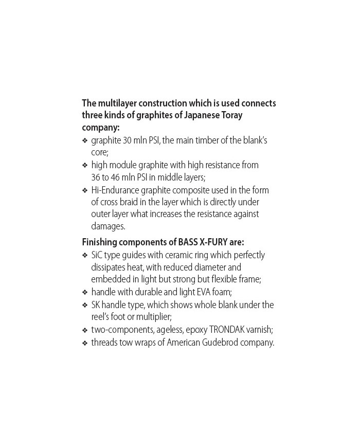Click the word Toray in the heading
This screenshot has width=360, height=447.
pos(230,115)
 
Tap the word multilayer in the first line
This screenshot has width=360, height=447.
pos(123,103)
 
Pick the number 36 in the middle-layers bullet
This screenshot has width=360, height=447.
pos(96,177)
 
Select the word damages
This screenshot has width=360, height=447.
pos(107,226)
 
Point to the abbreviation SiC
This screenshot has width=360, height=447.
pos(98,255)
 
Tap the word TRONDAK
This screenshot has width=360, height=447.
pos(229,330)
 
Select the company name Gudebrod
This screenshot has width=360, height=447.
pos(214,343)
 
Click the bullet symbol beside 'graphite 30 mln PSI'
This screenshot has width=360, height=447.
pos(85,140)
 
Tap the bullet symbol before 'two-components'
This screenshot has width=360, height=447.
pos(85,330)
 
